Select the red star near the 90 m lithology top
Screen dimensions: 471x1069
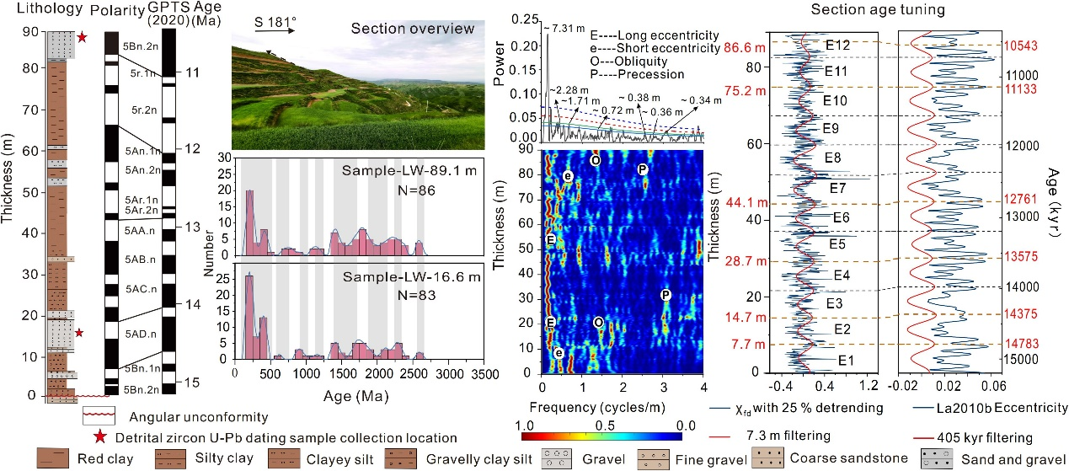coord(82,38)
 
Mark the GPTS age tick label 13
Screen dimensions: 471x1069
coord(191,227)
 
